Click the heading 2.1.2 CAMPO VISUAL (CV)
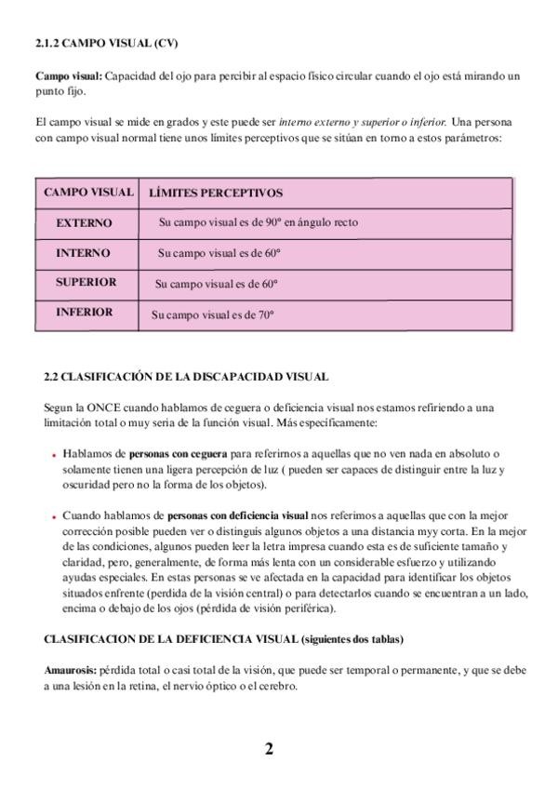pos(106,43)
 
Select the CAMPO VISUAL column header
pos(88,193)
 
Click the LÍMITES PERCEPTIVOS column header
pos(216,194)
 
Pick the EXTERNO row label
pos(84,223)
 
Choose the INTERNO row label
pos(83,253)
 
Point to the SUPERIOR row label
pos(86,282)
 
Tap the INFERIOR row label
pos(84,313)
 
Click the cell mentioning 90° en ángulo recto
pos(259,223)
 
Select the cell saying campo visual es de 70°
pos(213,314)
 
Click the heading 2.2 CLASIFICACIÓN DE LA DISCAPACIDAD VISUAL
pos(186,377)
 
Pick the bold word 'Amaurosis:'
pos(70,670)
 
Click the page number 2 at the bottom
pos(269,750)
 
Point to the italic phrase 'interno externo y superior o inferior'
pos(363,122)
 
